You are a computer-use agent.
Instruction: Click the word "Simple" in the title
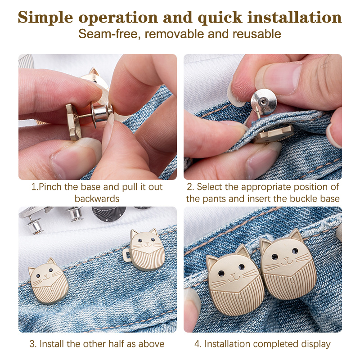coord(45,18)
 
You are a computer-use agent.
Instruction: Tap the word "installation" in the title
coord(295,17)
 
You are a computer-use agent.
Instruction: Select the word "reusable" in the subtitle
coord(257,34)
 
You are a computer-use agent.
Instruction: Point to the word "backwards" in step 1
coord(97,198)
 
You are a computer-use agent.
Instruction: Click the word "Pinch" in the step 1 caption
coord(50,187)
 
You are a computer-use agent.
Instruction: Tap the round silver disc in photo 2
coord(264,101)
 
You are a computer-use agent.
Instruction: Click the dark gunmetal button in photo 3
coord(108,213)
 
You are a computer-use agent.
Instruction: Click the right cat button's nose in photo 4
coord(286,259)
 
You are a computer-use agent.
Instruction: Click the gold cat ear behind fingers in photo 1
coord(94,72)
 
